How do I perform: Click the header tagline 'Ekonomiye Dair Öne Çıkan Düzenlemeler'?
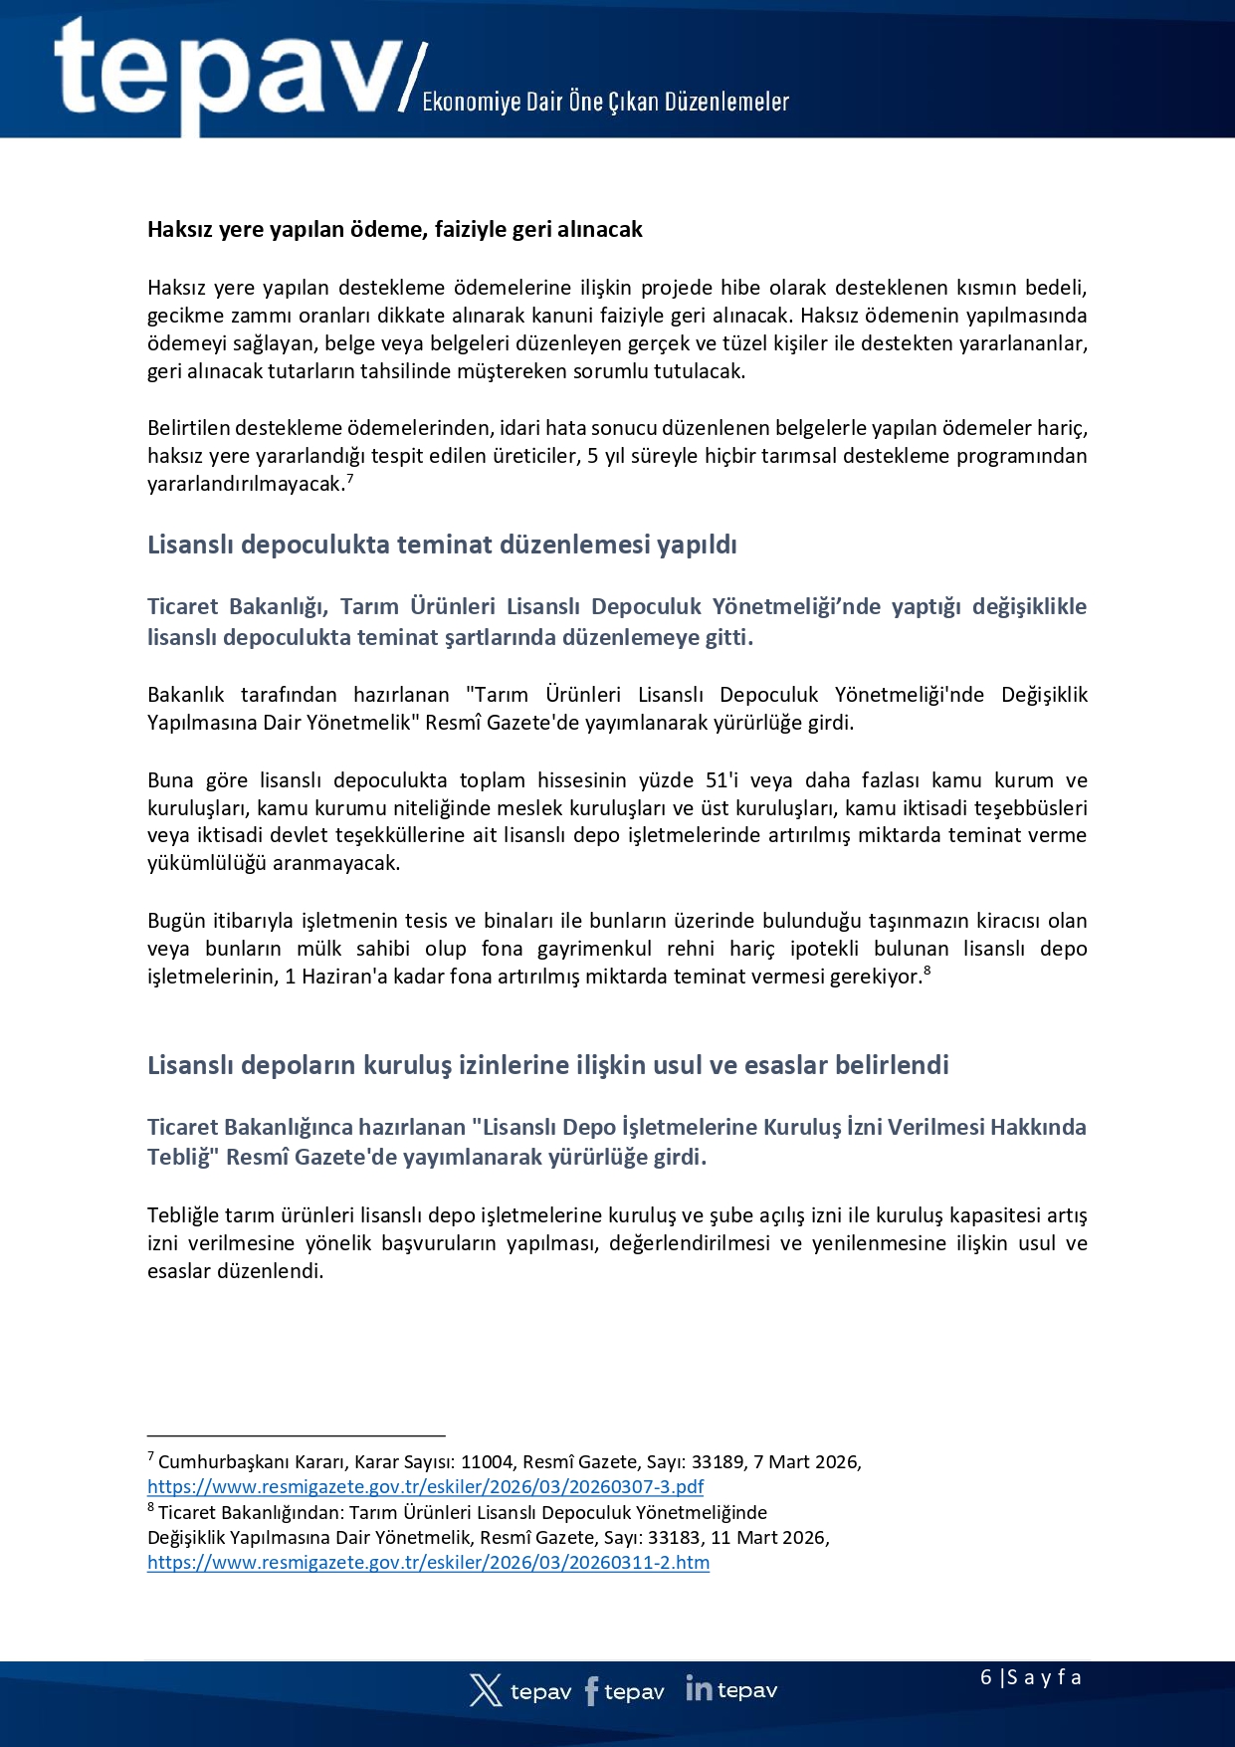click(605, 102)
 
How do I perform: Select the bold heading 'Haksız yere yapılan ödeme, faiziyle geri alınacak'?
click(395, 230)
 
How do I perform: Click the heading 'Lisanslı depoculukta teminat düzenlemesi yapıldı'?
click(442, 545)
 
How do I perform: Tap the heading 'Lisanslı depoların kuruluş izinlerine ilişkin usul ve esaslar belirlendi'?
click(547, 1065)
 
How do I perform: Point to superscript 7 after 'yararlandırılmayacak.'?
click(350, 479)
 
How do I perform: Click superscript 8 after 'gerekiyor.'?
click(926, 971)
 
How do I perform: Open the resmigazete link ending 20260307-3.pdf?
click(425, 1486)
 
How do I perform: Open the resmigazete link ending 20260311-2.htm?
click(428, 1562)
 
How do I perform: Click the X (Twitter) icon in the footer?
click(486, 1690)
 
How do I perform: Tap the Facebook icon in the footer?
click(591, 1690)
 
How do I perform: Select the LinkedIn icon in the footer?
click(699, 1689)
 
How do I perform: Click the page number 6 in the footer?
click(985, 1677)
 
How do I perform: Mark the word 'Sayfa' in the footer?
click(1044, 1677)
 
